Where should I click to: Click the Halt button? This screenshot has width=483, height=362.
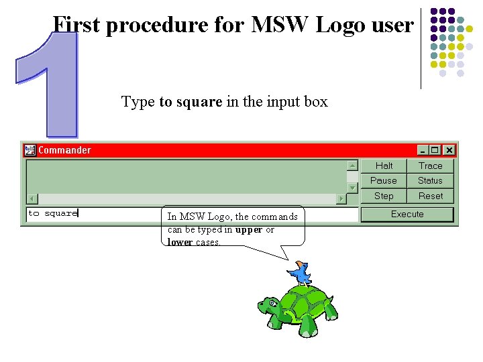click(x=384, y=166)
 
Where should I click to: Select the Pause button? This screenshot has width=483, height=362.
click(x=384, y=180)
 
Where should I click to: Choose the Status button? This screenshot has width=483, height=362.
click(x=430, y=180)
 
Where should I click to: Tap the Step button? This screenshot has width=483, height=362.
click(x=384, y=196)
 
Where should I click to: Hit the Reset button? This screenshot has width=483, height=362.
click(x=430, y=196)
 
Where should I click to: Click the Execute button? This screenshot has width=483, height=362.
click(x=407, y=215)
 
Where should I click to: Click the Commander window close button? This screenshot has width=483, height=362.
click(x=449, y=150)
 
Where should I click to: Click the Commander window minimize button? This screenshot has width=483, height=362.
click(x=423, y=150)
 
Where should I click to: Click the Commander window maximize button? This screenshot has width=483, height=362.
click(x=435, y=150)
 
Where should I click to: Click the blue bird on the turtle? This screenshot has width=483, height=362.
click(x=300, y=272)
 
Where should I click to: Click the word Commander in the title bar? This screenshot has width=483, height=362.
click(x=64, y=150)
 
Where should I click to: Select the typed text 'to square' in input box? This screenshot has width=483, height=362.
click(x=52, y=213)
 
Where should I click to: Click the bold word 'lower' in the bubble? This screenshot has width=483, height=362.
click(x=180, y=242)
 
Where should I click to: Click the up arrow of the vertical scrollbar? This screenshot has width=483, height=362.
click(x=352, y=165)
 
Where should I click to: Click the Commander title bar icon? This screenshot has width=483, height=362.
click(x=30, y=150)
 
